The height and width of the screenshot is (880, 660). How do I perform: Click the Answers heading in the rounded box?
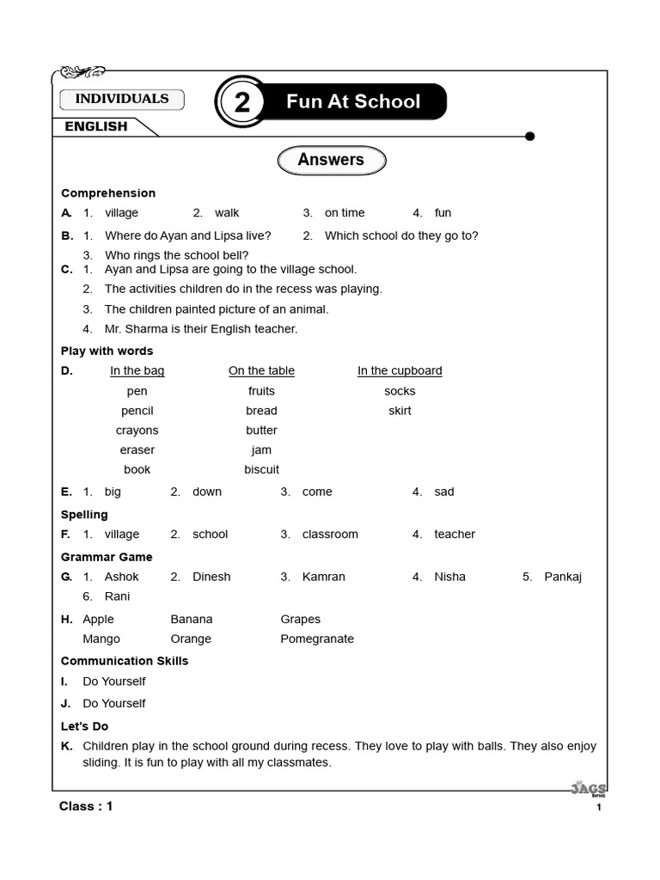[x=331, y=160]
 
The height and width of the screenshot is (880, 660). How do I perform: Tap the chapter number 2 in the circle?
[x=242, y=102]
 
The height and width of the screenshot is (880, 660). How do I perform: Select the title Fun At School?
[x=353, y=101]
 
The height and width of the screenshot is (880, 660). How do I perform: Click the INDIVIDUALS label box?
[x=121, y=99]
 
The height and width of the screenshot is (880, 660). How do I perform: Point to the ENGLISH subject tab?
[x=96, y=126]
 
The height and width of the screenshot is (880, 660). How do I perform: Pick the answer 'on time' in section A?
[x=344, y=213]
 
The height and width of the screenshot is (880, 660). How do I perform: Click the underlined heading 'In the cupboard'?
[x=400, y=371]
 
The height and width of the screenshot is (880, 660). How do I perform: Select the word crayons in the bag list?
[x=137, y=431]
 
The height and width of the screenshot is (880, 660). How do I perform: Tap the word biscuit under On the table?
[x=261, y=470]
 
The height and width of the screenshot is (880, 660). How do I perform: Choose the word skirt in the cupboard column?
[x=400, y=411]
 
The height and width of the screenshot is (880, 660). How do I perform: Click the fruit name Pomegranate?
[x=317, y=639]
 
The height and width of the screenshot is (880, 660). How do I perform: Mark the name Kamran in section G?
[x=323, y=577]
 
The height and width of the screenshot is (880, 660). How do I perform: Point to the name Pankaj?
[x=563, y=577]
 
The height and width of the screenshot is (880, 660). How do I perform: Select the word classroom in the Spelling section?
[x=330, y=535]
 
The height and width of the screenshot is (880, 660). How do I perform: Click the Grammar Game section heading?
[x=106, y=556]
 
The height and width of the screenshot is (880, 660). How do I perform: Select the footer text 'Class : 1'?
[x=86, y=806]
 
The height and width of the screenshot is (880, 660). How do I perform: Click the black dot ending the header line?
[x=529, y=136]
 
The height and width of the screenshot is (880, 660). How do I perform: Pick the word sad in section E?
[x=444, y=492]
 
